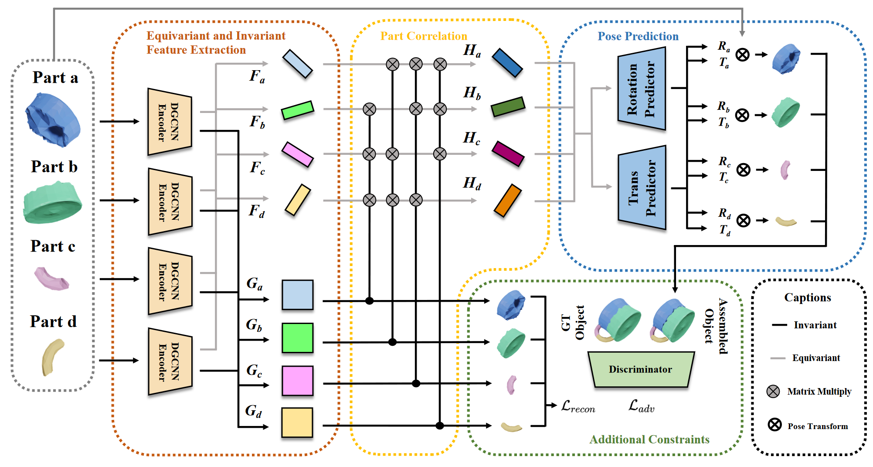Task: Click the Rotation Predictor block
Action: click(642, 89)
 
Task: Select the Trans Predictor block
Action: click(642, 188)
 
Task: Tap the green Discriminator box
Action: click(641, 369)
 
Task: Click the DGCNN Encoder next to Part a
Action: click(170, 122)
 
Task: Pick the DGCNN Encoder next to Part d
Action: click(170, 361)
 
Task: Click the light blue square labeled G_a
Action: click(297, 295)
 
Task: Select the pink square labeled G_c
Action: click(297, 381)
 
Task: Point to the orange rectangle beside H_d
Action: click(508, 201)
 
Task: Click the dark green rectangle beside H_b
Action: click(508, 107)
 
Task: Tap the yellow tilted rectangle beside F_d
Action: click(298, 200)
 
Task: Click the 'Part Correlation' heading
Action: click(423, 36)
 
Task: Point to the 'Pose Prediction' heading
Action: click(638, 36)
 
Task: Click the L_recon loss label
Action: click(577, 407)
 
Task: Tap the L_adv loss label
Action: click(641, 406)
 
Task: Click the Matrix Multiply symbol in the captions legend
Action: click(773, 391)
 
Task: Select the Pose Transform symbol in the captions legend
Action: click(774, 424)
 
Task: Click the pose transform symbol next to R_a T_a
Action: click(743, 55)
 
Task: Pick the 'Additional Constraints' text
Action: click(649, 439)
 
